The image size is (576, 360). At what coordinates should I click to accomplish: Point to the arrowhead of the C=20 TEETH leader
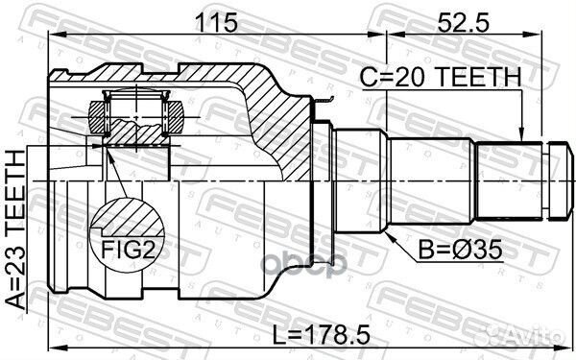[521, 139]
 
